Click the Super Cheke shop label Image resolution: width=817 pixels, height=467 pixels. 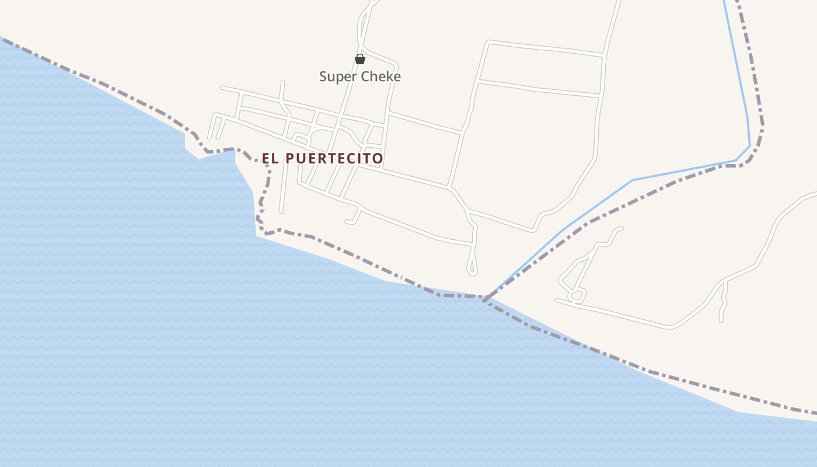(360, 76)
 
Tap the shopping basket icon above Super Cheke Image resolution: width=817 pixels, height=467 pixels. (360, 59)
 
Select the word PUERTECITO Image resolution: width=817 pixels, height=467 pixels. (334, 158)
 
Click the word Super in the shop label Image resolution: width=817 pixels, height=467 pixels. (338, 76)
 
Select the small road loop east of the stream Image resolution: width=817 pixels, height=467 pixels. (578, 295)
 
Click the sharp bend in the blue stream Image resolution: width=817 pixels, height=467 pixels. (749, 146)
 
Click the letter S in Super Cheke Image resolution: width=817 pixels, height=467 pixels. (323, 76)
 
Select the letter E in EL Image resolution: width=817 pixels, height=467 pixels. (266, 158)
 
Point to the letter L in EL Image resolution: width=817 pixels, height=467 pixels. (274, 158)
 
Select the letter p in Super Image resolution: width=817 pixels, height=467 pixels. (338, 78)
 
